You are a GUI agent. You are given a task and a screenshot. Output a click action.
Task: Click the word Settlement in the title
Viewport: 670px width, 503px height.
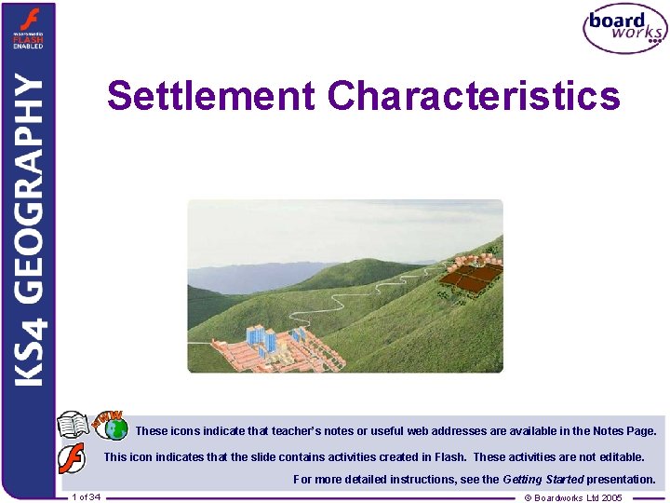pyautogui.click(x=212, y=95)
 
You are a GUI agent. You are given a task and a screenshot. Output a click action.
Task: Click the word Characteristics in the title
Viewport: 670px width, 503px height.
pyautogui.click(x=475, y=95)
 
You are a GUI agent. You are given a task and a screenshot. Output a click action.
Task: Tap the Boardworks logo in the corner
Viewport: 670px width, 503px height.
pyautogui.click(x=624, y=29)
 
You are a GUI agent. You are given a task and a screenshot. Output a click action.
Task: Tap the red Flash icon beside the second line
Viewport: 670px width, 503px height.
pyautogui.click(x=72, y=457)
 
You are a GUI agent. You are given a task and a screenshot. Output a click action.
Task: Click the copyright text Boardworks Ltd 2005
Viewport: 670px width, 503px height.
pyautogui.click(x=573, y=497)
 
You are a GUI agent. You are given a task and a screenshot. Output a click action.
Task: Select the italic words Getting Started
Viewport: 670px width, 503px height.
pyautogui.click(x=542, y=480)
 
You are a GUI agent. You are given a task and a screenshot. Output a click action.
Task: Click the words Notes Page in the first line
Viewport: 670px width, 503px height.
pyautogui.click(x=625, y=431)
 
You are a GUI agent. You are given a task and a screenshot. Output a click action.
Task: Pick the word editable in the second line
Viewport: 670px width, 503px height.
pyautogui.click(x=620, y=457)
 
